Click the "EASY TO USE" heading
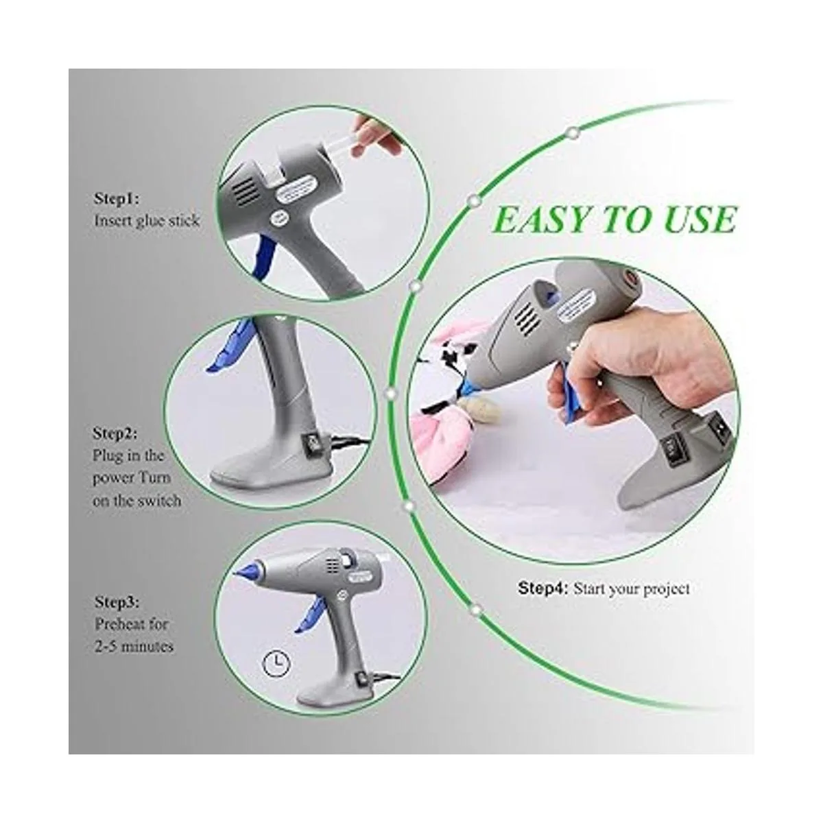point(614,219)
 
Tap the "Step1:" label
point(117,199)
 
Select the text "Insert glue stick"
point(147,220)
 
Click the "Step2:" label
point(115,433)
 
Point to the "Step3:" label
point(117,601)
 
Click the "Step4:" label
point(542,588)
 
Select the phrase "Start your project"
point(631,589)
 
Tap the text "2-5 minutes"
point(134,646)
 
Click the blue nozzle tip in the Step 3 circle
point(248,570)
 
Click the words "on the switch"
point(136,500)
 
